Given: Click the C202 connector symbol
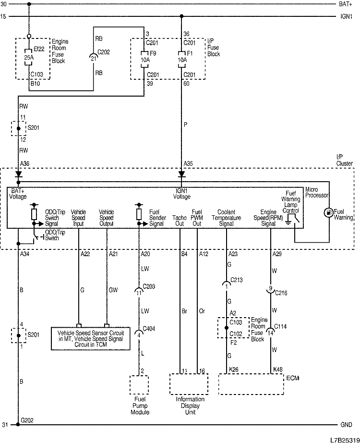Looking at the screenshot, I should click(x=93, y=57).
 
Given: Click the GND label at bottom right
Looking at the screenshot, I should click(x=346, y=425).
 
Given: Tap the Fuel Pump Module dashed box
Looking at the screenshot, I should click(x=139, y=385).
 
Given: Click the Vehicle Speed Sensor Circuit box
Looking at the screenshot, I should click(x=91, y=339).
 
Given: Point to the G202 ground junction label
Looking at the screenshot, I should click(x=27, y=419).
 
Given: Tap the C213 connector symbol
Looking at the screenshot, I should click(x=226, y=284).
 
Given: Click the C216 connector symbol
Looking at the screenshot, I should click(x=270, y=290).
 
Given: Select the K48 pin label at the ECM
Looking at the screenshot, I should click(x=277, y=369).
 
